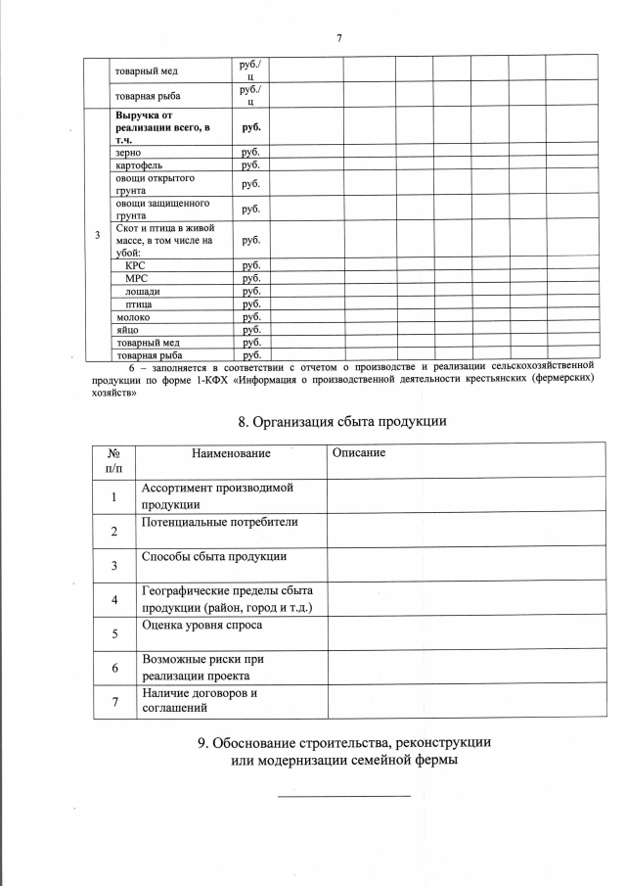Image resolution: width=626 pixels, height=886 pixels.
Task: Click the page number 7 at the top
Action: (x=338, y=38)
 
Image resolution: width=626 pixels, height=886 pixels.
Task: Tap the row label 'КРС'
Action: (x=135, y=265)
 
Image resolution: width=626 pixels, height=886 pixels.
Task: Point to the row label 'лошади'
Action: (x=142, y=291)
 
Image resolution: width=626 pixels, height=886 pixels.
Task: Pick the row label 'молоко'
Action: (x=132, y=316)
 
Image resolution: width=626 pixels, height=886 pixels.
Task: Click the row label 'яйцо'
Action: (x=126, y=330)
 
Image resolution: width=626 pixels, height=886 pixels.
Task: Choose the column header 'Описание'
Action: (x=359, y=453)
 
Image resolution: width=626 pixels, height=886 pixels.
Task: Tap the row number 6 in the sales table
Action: (x=114, y=668)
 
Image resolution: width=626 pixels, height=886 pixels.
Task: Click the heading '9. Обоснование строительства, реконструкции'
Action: (x=344, y=742)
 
